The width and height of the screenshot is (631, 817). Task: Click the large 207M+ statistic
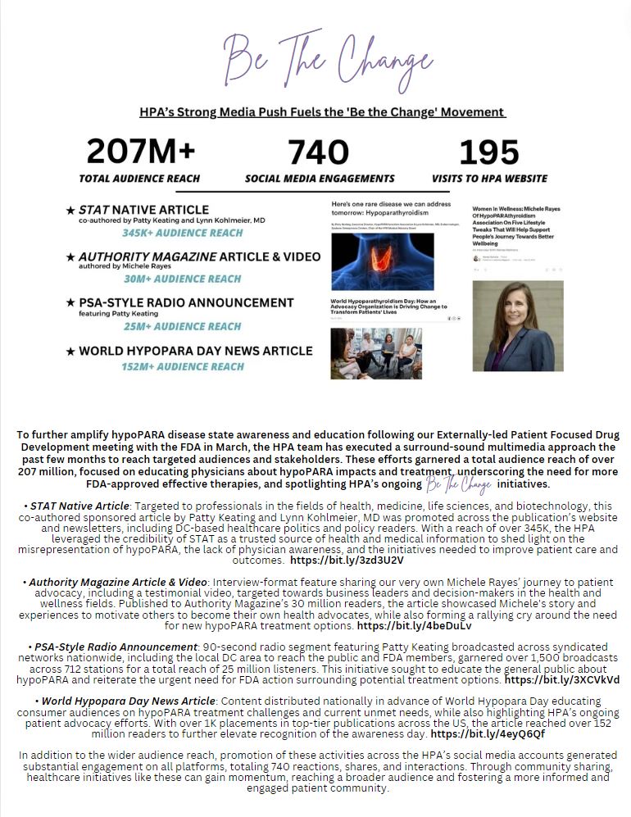point(140,152)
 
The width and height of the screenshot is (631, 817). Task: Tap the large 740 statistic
point(319,152)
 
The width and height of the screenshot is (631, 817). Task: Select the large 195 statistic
point(488,152)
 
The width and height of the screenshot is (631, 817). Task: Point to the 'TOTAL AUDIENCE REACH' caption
point(141,178)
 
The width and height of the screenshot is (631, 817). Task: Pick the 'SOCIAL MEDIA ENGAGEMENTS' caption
point(320,178)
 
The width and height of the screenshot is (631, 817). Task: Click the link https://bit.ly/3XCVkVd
point(562,679)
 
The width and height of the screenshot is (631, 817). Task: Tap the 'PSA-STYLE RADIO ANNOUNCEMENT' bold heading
point(186,303)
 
